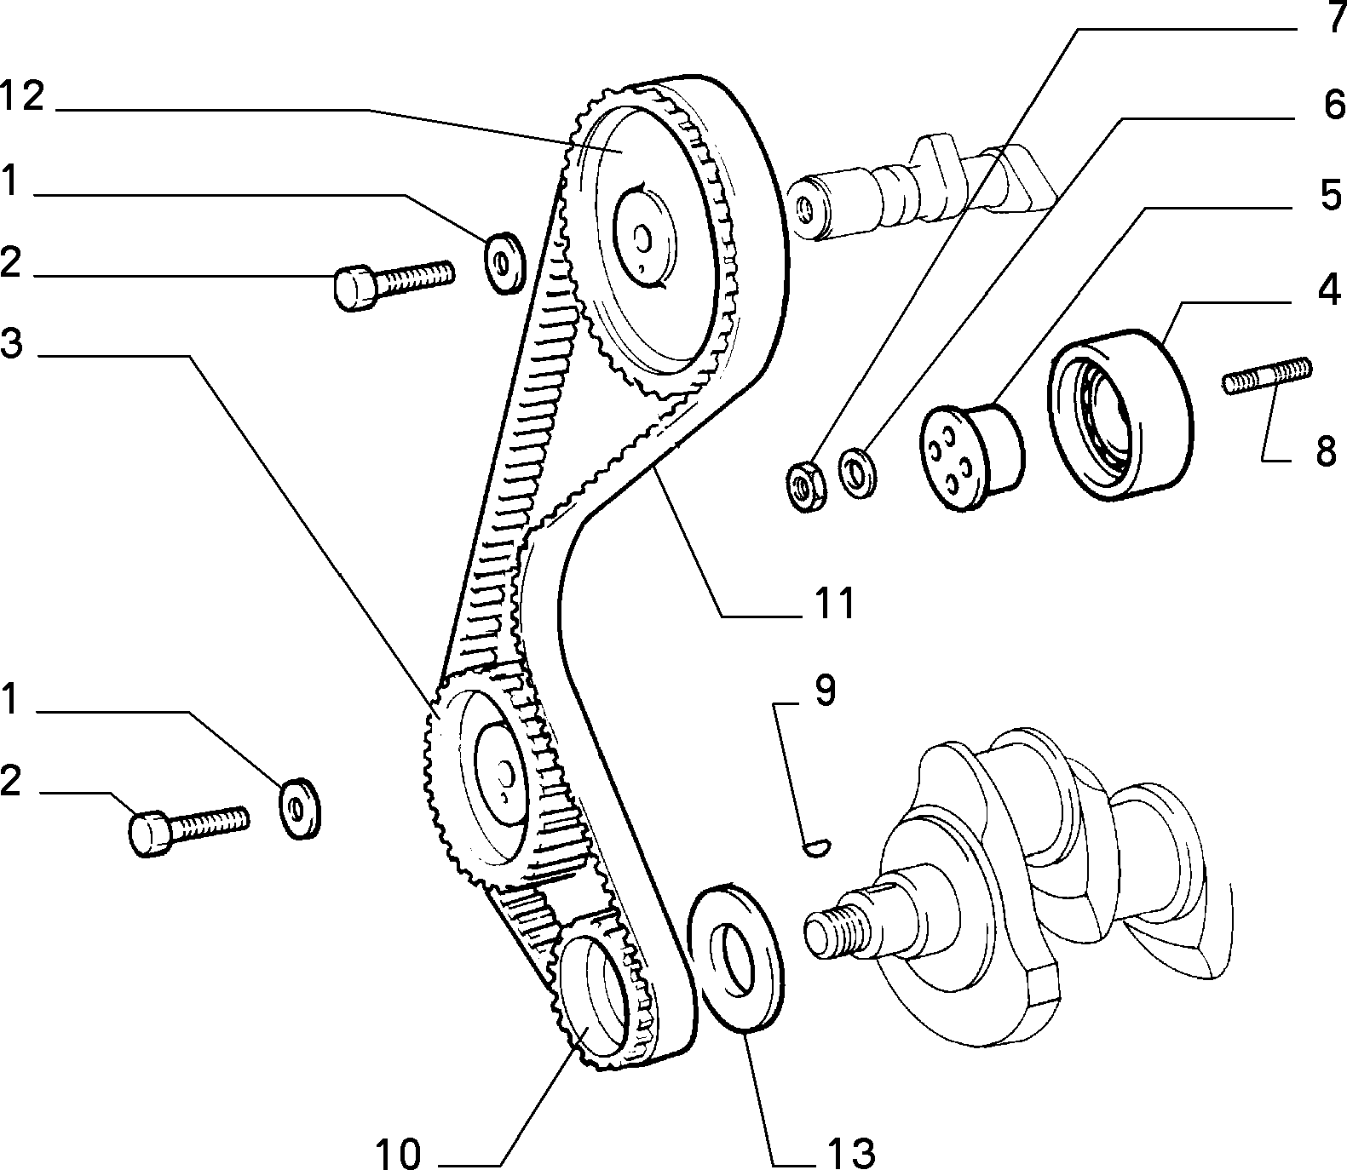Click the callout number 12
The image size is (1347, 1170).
(x=21, y=96)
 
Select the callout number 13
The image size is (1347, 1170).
(x=849, y=1152)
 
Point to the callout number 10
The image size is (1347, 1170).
(x=398, y=1154)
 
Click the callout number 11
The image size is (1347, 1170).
(x=834, y=604)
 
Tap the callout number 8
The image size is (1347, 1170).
(x=1325, y=450)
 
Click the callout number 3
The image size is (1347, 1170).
(x=11, y=345)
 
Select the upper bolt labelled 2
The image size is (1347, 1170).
(x=393, y=283)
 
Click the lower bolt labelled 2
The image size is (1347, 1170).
(x=189, y=827)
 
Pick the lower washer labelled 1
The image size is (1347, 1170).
(x=301, y=807)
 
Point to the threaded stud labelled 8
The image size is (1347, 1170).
(x=1268, y=376)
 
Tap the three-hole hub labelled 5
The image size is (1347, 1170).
(x=971, y=456)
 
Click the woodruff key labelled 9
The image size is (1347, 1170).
(x=820, y=846)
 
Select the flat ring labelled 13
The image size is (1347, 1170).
(x=737, y=957)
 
